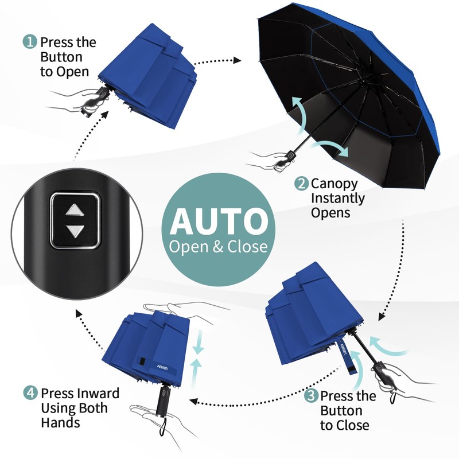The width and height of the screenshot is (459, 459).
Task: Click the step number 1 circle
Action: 30,42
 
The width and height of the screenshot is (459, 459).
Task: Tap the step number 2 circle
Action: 302,184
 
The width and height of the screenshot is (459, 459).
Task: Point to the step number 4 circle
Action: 30,394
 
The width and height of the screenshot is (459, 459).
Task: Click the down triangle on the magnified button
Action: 75,231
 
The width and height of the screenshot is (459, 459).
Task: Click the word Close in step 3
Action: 353,425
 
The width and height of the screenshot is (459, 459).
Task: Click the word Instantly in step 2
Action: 338,199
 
